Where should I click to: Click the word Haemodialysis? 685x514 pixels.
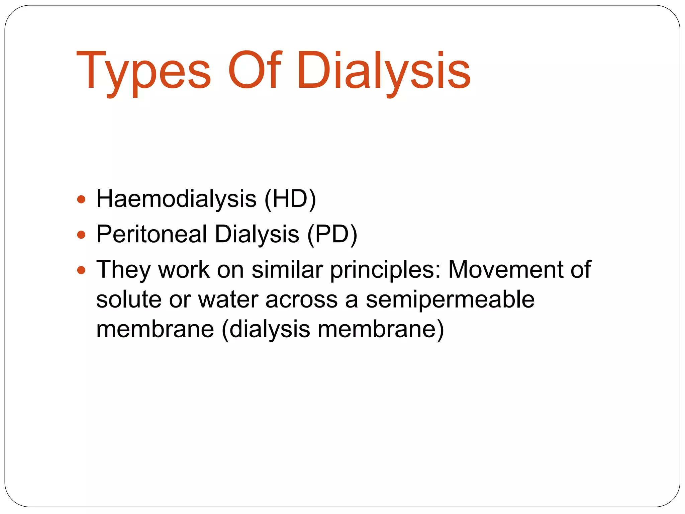pos(176,199)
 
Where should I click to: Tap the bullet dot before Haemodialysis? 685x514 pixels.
pos(81,200)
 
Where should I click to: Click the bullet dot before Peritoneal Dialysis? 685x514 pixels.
pos(81,235)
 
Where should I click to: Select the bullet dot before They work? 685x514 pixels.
pos(81,270)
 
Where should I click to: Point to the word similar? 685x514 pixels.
pos(287,269)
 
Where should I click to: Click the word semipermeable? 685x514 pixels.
pos(450,299)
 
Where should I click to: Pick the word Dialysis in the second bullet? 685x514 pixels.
pos(257,234)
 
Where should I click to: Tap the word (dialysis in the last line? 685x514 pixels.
pos(266,330)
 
